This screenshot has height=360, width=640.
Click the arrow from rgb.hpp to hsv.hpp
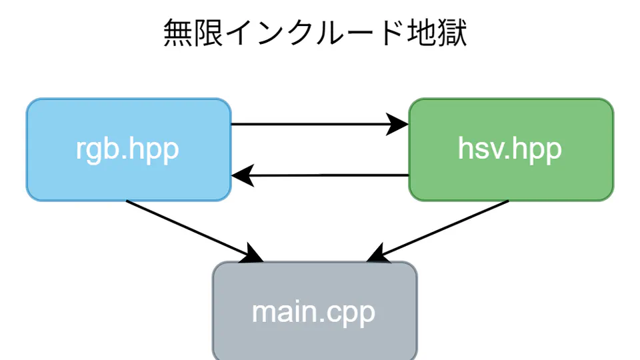(x=313, y=124)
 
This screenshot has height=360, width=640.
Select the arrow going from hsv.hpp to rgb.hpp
(x=327, y=175)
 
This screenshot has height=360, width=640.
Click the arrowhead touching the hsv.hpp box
(x=399, y=124)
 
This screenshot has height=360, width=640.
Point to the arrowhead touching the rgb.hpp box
(x=241, y=176)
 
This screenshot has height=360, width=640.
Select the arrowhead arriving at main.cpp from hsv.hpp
(x=377, y=254)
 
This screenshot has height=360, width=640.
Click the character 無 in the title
(x=178, y=34)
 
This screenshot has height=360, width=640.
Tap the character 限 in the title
(x=211, y=34)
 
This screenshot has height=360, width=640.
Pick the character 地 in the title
(x=419, y=34)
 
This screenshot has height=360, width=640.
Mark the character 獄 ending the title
(x=451, y=34)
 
